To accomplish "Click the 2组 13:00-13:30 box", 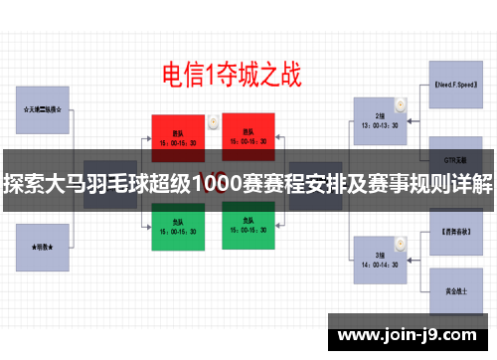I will coord(380,120).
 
